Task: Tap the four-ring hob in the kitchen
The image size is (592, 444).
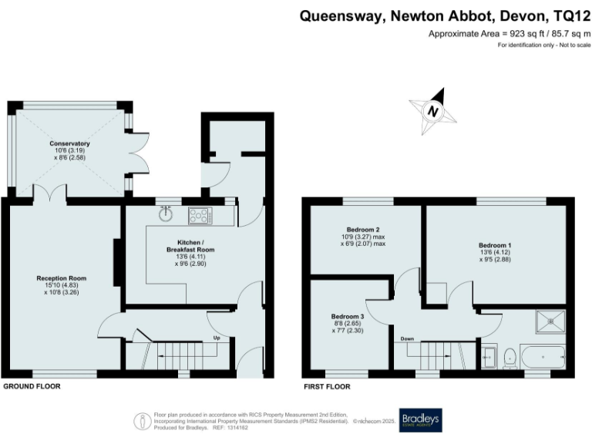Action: (199, 216)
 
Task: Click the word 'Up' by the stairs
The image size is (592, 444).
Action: (218, 338)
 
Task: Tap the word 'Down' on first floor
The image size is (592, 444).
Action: (407, 338)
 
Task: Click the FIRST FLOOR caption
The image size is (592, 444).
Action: (326, 385)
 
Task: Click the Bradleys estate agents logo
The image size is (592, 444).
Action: (420, 419)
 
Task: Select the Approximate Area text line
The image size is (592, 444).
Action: (509, 34)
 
